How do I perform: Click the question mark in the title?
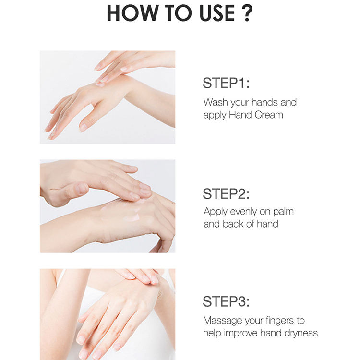[247, 13]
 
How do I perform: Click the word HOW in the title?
[132, 13]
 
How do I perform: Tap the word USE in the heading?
[217, 13]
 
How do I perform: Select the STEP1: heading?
[226, 83]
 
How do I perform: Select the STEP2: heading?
[226, 193]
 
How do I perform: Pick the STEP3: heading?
[226, 301]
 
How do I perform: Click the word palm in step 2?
[283, 212]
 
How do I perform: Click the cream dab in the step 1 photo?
[100, 84]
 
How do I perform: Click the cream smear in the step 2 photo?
[132, 216]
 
